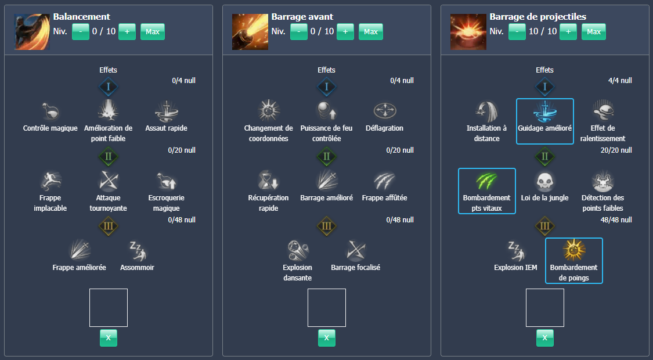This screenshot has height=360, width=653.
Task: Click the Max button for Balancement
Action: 153,32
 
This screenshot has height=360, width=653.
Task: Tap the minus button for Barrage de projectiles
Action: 517,32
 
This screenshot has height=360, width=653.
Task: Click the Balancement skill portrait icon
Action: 32,32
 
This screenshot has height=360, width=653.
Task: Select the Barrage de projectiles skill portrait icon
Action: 468,32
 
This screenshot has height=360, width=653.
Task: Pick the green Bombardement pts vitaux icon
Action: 486,181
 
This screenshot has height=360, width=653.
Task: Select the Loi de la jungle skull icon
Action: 544,181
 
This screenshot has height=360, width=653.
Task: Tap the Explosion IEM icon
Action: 515,251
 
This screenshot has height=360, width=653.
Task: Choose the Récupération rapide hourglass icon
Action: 268,181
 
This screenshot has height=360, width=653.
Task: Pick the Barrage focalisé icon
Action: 355,251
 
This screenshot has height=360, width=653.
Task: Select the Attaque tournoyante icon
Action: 108,181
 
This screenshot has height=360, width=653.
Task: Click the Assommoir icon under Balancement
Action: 137,251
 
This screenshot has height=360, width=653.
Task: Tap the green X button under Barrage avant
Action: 327,338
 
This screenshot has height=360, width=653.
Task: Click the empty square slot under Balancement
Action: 108,308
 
